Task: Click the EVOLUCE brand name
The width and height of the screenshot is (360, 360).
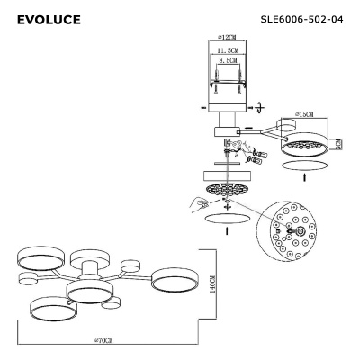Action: [49, 19]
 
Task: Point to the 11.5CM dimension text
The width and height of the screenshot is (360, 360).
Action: [226, 52]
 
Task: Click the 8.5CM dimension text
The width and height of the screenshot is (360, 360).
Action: [226, 63]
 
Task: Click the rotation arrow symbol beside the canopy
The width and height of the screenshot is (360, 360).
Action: [260, 106]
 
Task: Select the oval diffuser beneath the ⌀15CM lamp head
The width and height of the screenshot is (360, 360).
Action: [305, 166]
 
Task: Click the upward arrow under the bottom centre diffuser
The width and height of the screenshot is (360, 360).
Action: [227, 232]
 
